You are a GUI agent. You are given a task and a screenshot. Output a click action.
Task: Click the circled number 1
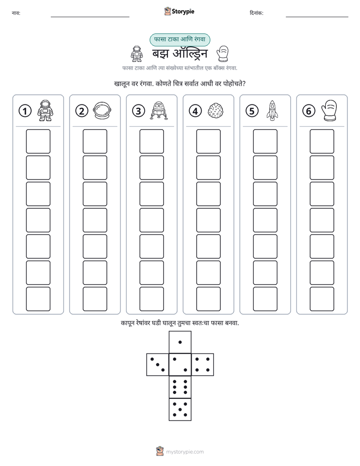25,111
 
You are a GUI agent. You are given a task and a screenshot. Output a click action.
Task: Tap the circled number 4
195,111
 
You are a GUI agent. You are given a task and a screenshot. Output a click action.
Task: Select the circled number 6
309,111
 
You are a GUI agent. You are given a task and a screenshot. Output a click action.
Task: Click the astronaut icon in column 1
45,110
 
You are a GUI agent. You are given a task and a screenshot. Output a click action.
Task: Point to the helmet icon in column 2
102,110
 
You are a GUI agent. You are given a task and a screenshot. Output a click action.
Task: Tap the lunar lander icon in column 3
159,110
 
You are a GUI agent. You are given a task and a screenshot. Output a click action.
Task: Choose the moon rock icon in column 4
216,111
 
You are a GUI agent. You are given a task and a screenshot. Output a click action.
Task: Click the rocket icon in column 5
272,110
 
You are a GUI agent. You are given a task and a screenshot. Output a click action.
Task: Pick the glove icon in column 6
329,110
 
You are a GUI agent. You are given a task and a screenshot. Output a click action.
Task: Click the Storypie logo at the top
179,11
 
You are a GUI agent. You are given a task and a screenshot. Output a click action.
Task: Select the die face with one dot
180,342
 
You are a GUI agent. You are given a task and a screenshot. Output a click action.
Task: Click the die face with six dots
180,387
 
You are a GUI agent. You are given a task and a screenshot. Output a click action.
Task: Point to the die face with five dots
180,410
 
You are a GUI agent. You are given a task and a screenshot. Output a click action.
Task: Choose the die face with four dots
203,365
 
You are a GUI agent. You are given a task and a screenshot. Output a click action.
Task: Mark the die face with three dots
158,365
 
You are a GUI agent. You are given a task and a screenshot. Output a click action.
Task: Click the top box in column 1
38,141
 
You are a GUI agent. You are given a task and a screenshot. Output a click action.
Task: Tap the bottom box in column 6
322,299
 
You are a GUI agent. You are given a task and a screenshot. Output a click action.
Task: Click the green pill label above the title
179,39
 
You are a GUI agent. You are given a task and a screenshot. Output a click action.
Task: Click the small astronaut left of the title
136,53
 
